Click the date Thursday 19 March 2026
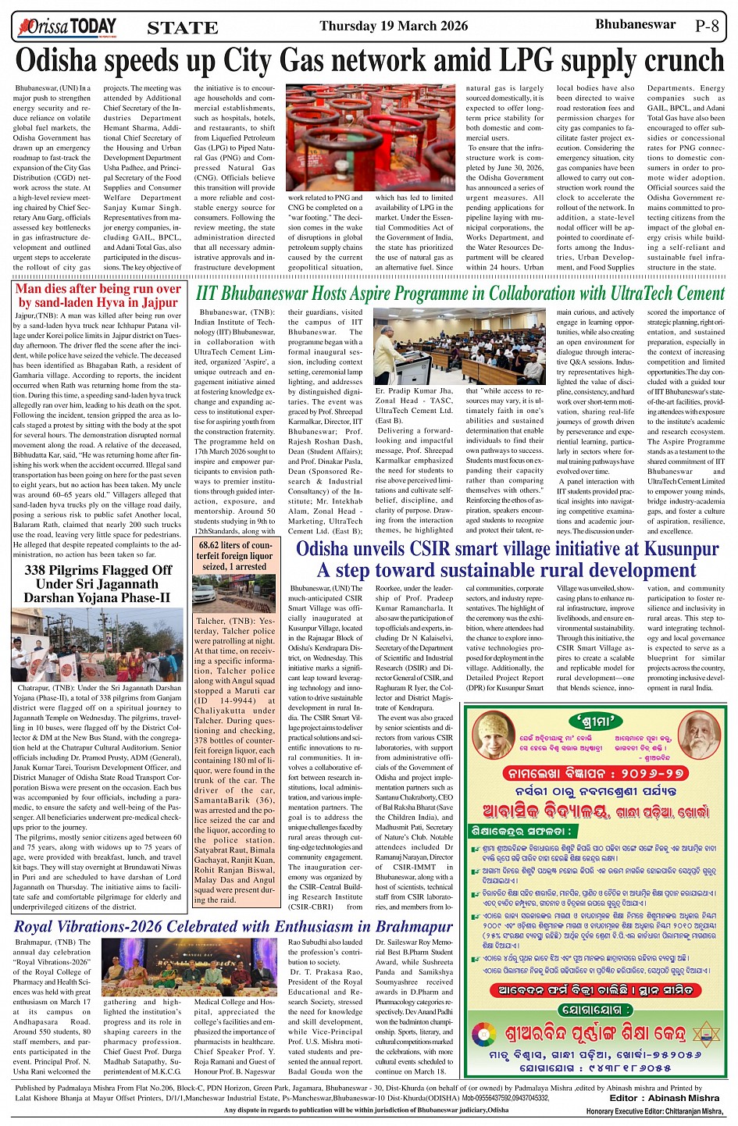pyautogui.click(x=394, y=26)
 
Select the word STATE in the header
pyautogui.click(x=183, y=28)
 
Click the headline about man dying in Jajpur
pyautogui.click(x=98, y=295)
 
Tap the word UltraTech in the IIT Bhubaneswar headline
pyautogui.click(x=605, y=294)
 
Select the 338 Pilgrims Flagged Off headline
pyautogui.click(x=98, y=583)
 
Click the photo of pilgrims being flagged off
pyautogui.click(x=98, y=646)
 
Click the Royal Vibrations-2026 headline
pyautogui.click(x=234, y=927)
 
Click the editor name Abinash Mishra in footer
pyautogui.click(x=683, y=1098)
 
